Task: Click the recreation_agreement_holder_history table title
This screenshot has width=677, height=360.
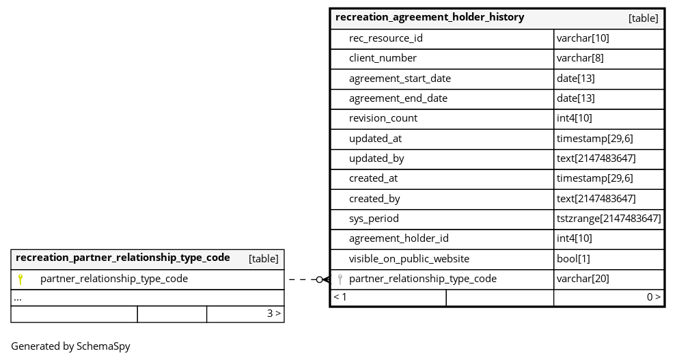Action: [x=430, y=17]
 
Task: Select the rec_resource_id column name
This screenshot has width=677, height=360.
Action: [x=385, y=38]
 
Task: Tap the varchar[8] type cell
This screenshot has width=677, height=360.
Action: [x=580, y=58]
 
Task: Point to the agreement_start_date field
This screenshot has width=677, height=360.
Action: [x=400, y=79]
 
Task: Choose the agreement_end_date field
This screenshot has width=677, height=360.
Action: [x=398, y=98]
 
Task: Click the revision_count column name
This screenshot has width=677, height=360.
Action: [x=383, y=118]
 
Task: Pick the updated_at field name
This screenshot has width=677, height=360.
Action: [x=375, y=139]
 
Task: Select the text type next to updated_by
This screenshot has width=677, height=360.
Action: [x=596, y=158]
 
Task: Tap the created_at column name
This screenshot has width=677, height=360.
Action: [x=373, y=178]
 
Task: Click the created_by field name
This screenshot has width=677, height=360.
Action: [x=374, y=199]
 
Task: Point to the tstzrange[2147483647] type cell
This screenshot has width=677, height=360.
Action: [x=609, y=219]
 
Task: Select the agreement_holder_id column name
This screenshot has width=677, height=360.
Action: [x=398, y=238]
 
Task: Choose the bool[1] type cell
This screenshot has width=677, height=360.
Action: [x=573, y=259]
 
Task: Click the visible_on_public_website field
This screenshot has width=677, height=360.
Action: [x=409, y=259]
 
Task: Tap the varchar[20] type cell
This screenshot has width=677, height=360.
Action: [x=583, y=279]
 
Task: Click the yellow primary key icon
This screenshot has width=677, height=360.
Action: [x=20, y=279]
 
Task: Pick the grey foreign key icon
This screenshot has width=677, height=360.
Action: [x=340, y=279]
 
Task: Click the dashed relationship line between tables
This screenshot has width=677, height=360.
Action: [x=307, y=279]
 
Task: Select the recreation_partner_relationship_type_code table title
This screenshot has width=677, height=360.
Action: [x=122, y=258]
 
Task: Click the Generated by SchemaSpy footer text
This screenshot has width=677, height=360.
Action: [x=70, y=346]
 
